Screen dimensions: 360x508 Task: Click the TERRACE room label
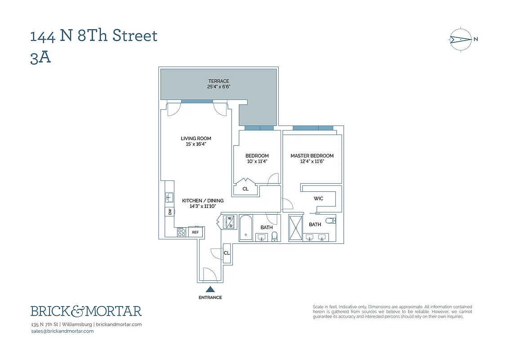click(x=218, y=81)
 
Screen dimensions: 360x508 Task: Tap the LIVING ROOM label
click(x=196, y=139)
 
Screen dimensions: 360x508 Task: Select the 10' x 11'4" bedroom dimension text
click(x=257, y=162)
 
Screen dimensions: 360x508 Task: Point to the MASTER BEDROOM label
click(x=312, y=156)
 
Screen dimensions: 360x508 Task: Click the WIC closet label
click(x=318, y=198)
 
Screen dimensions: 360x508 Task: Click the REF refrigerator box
click(x=196, y=232)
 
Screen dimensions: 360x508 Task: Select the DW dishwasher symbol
click(x=169, y=211)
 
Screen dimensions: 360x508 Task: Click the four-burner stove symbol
click(x=181, y=232)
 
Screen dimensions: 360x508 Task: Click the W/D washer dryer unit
click(x=229, y=222)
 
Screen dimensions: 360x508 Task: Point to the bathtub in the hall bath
click(x=246, y=227)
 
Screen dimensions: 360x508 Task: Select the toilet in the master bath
click(x=332, y=220)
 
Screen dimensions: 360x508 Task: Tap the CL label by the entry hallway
click(x=227, y=253)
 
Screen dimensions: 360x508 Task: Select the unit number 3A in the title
click(x=40, y=58)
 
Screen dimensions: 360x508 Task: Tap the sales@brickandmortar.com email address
click(x=62, y=331)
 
